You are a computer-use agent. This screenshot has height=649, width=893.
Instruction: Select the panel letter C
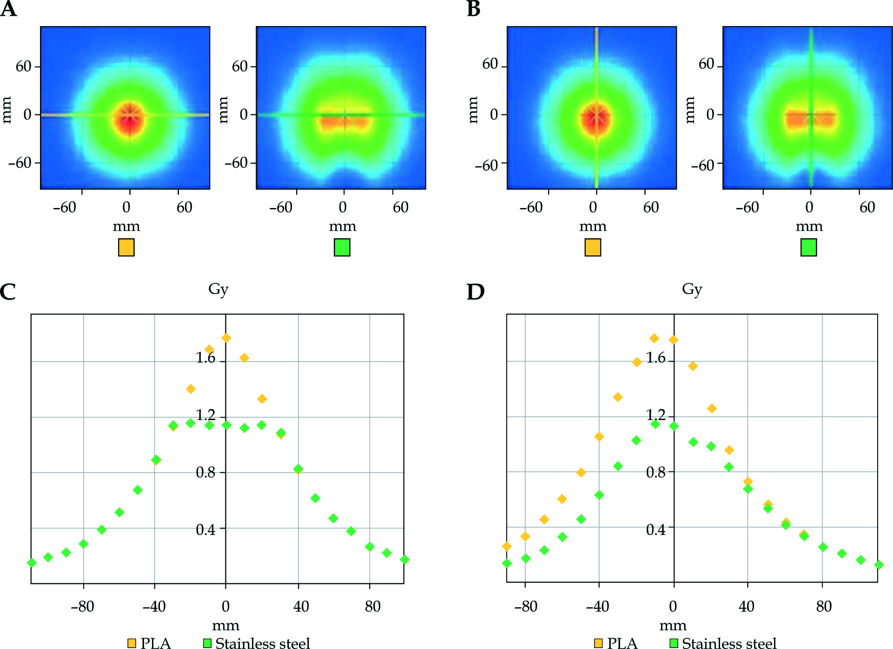pyautogui.click(x=8, y=292)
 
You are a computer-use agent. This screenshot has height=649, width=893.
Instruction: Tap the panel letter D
pyautogui.click(x=475, y=292)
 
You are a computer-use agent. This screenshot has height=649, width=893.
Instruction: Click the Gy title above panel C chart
pyautogui.click(x=218, y=289)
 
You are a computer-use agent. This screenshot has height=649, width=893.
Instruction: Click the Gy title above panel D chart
pyautogui.click(x=692, y=289)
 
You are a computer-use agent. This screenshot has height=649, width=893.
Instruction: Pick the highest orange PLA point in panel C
pyautogui.click(x=226, y=338)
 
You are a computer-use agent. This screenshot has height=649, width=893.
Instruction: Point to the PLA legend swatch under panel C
pyautogui.click(x=132, y=643)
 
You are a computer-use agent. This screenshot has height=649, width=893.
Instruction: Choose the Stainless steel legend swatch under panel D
pyautogui.click(x=673, y=643)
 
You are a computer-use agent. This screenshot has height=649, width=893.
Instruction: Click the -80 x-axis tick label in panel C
pyautogui.click(x=82, y=607)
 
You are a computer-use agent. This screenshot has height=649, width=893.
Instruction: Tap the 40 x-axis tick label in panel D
pyautogui.click(x=747, y=607)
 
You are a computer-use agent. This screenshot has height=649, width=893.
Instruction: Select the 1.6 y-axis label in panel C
pyautogui.click(x=205, y=358)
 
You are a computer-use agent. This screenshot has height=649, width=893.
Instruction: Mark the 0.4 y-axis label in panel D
pyautogui.click(x=656, y=529)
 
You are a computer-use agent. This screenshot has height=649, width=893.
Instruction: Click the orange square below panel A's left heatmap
pyautogui.click(x=126, y=248)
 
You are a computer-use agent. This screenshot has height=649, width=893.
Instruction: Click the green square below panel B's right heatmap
pyautogui.click(x=808, y=248)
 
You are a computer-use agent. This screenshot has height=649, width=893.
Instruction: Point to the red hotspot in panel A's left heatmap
pyautogui.click(x=130, y=118)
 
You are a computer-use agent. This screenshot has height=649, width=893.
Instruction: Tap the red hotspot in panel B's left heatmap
pyautogui.click(x=596, y=119)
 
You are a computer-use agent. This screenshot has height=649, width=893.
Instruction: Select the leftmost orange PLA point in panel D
pyautogui.click(x=507, y=546)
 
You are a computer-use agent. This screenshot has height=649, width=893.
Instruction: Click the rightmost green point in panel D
pyautogui.click(x=878, y=565)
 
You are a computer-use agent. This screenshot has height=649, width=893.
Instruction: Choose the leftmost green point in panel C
pyautogui.click(x=32, y=563)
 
